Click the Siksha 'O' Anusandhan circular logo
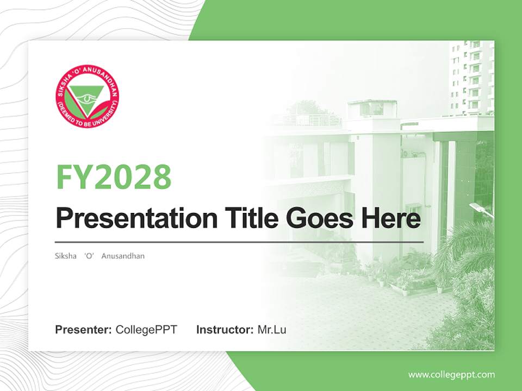pos(87,96)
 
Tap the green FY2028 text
pos(114,176)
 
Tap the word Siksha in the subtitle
pos(66,256)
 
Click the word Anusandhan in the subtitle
pos(123,256)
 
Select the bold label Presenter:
pos(84,330)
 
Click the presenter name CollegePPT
pos(146,330)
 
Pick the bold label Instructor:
pos(225,330)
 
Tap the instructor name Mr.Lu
pos(272,330)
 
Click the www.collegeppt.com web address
pos(451,375)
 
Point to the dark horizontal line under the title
pos(239,242)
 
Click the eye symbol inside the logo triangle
pos(87,98)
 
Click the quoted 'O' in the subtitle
pos(90,256)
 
